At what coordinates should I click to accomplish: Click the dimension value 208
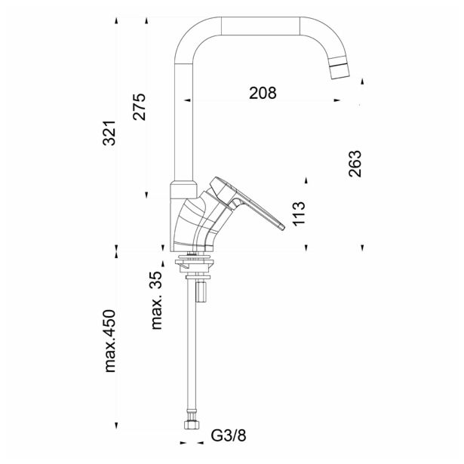(x=263, y=93)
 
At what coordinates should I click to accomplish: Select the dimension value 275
(x=140, y=107)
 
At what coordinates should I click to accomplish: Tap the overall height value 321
(x=109, y=133)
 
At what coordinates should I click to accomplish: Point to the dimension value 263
(x=355, y=164)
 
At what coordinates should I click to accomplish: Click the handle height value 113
(x=299, y=214)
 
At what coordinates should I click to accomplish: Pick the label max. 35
(x=157, y=300)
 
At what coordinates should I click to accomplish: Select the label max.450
(x=109, y=341)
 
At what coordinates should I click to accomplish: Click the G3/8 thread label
(x=229, y=435)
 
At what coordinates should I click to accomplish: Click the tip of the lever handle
(x=282, y=228)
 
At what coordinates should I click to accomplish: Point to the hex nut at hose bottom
(x=192, y=425)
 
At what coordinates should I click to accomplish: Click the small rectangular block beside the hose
(x=201, y=291)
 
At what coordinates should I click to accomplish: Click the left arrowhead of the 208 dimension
(x=187, y=100)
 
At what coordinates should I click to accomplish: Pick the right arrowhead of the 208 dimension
(x=337, y=100)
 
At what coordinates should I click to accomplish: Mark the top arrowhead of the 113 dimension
(x=306, y=180)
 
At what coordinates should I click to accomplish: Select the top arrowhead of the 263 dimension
(x=362, y=81)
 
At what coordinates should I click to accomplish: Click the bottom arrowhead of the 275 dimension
(x=146, y=195)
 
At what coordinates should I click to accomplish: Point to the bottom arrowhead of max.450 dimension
(x=116, y=426)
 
